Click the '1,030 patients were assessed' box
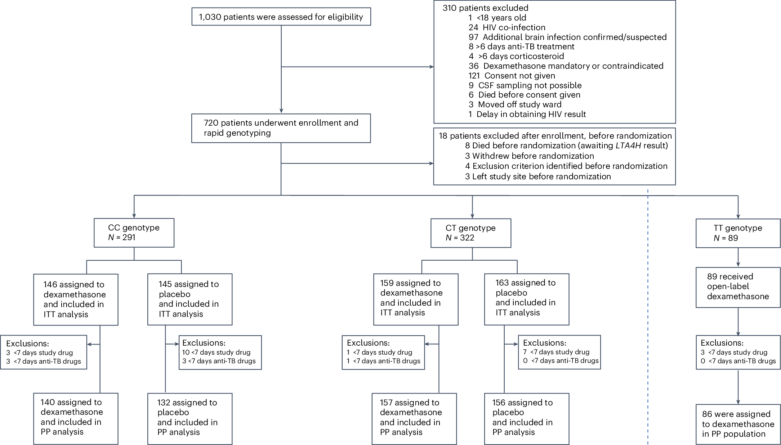click(281, 17)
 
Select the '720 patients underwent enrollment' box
click(281, 128)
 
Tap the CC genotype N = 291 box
click(134, 233)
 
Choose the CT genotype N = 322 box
click(471, 233)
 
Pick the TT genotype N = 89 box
click(738, 233)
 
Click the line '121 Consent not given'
click(512, 76)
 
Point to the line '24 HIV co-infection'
click(507, 27)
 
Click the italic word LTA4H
click(628, 146)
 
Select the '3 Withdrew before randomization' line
click(530, 156)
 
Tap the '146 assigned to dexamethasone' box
click(76, 300)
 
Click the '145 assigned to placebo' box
click(190, 299)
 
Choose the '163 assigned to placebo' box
click(527, 299)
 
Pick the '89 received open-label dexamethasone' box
click(738, 287)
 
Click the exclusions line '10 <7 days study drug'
click(216, 352)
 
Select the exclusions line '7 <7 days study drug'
click(556, 352)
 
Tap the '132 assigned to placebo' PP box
click(190, 419)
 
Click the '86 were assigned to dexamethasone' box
click(738, 424)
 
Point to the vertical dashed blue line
click(648, 317)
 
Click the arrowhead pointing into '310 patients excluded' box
click(432, 67)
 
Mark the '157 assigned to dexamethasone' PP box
click(414, 419)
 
